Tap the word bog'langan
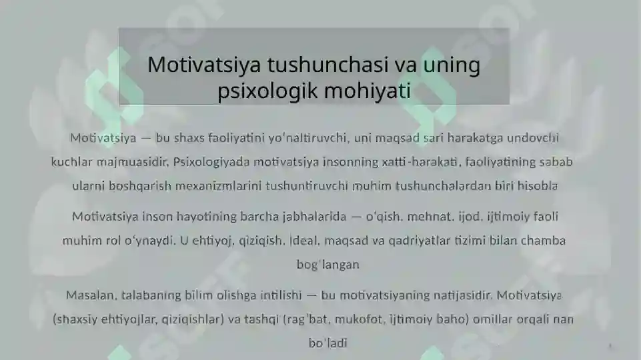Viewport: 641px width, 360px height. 328,265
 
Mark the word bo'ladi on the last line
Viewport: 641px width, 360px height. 328,343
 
